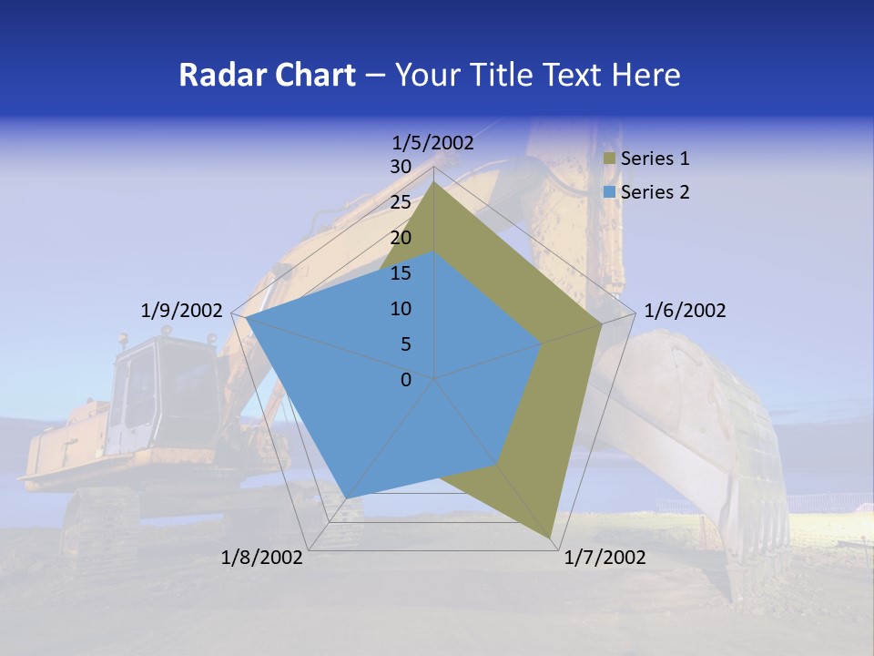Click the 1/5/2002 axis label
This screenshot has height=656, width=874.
pyautogui.click(x=433, y=143)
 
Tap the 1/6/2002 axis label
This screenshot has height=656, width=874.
pyautogui.click(x=685, y=311)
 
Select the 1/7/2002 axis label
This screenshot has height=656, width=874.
pyautogui.click(x=605, y=558)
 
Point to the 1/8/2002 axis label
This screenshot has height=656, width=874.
pyautogui.click(x=262, y=558)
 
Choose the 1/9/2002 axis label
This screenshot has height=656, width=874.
pyautogui.click(x=181, y=311)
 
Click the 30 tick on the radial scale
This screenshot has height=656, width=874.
pyautogui.click(x=401, y=167)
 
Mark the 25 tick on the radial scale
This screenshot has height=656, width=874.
pyautogui.click(x=401, y=202)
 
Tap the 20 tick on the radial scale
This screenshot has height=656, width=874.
pyautogui.click(x=401, y=238)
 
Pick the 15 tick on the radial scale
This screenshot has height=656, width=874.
pyautogui.click(x=401, y=273)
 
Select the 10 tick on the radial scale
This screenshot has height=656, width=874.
pyautogui.click(x=401, y=309)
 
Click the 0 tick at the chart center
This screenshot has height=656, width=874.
pyautogui.click(x=406, y=380)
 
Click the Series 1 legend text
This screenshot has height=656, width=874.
pyautogui.click(x=655, y=159)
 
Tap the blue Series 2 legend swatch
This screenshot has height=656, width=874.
pyautogui.click(x=609, y=192)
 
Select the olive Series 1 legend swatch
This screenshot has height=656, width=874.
pyautogui.click(x=609, y=159)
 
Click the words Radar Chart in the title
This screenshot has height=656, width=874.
pyautogui.click(x=267, y=75)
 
